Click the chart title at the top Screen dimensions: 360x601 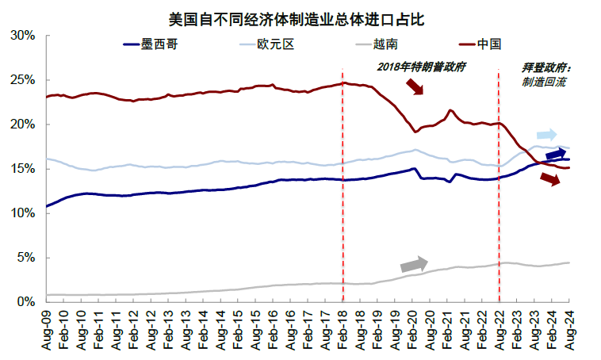point(302,16)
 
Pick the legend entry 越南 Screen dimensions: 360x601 point(386,44)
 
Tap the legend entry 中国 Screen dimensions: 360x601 point(491,44)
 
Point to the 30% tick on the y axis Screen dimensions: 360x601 point(22,36)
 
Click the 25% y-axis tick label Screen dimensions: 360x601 point(22,80)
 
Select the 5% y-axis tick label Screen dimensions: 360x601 point(25,258)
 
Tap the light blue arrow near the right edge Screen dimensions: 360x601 point(547,135)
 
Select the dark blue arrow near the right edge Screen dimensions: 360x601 point(557,154)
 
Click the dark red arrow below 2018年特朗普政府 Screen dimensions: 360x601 point(414,86)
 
